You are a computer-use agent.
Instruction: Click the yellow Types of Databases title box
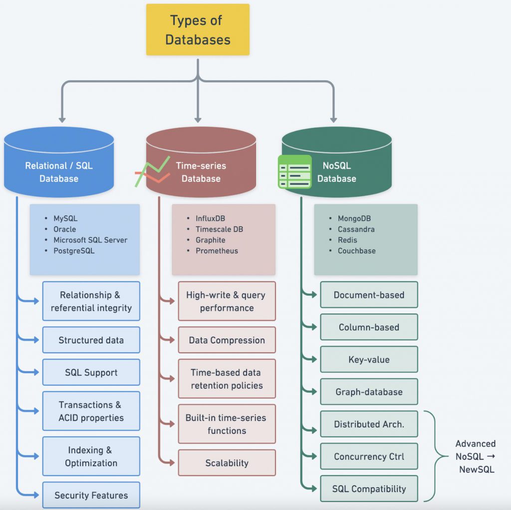coord(198,30)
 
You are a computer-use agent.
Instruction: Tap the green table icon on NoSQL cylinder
coord(294,171)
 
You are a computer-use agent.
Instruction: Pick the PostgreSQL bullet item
coord(74,251)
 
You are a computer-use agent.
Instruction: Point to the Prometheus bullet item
coord(217,251)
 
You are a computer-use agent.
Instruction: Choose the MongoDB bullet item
coord(354,219)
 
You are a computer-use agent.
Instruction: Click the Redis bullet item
coord(347,240)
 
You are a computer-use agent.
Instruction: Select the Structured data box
coord(91,340)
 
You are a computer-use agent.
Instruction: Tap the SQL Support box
coord(91,372)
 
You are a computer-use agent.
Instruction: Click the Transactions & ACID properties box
coord(91,411)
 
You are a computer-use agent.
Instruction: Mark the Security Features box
coord(91,495)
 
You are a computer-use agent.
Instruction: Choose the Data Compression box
coord(227,340)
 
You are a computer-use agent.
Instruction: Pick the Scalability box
coord(227,463)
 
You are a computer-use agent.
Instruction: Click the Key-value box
coord(369,359)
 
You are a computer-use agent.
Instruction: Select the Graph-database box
coord(369,392)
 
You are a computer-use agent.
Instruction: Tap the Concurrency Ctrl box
coord(369,457)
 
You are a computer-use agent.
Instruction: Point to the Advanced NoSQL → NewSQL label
coord(476,457)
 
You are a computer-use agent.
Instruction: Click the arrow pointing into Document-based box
coord(311,295)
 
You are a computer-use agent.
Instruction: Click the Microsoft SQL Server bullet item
coord(90,240)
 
